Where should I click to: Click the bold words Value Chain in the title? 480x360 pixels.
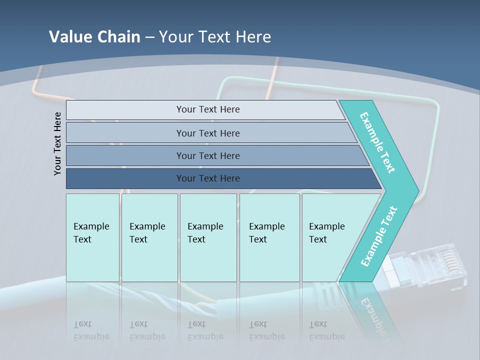[94, 37]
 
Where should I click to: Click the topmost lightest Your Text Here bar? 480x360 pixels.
[207, 109]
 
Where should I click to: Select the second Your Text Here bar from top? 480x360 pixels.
[207, 133]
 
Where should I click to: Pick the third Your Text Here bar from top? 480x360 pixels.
[207, 155]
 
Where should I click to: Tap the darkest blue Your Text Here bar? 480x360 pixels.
[207, 178]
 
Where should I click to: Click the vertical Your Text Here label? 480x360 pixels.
[57, 143]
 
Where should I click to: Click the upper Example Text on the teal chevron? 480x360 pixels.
[378, 142]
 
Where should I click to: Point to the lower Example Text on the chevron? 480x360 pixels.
[379, 236]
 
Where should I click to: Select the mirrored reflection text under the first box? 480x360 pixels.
[91, 330]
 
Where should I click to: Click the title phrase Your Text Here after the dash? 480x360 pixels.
[215, 37]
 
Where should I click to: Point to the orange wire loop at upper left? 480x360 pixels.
[37, 85]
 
